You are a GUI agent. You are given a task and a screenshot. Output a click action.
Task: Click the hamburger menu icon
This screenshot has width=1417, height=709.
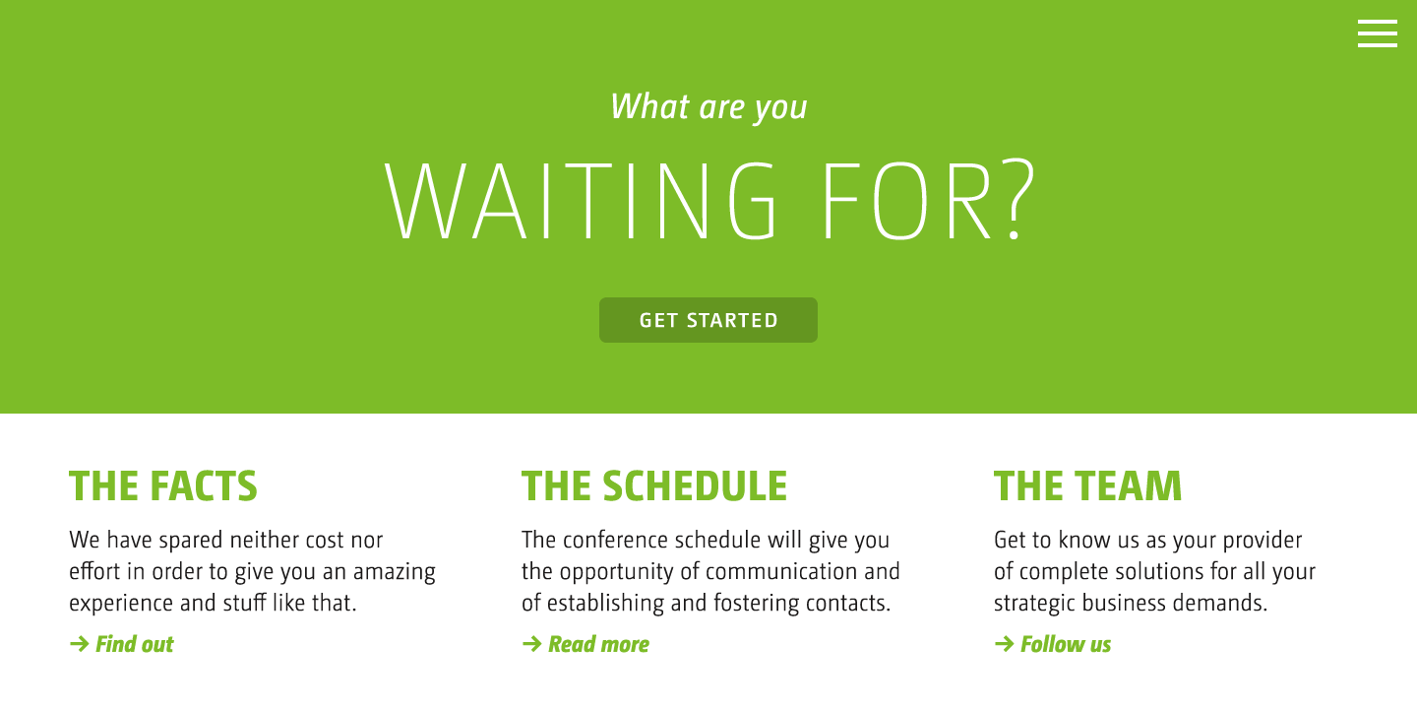pyautogui.click(x=1378, y=33)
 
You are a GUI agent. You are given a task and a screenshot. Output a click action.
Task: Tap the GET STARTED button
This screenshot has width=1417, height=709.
pyautogui.click(x=708, y=320)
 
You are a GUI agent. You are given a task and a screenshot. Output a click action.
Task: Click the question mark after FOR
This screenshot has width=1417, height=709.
pyautogui.click(x=1018, y=199)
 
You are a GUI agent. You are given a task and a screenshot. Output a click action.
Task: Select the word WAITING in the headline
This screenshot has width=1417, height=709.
pyautogui.click(x=581, y=201)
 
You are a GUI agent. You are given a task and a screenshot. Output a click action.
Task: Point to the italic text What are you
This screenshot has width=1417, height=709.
pyautogui.click(x=708, y=107)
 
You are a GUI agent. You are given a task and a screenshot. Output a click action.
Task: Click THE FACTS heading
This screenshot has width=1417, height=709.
pyautogui.click(x=163, y=486)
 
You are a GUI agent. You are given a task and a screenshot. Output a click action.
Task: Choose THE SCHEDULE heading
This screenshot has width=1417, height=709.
pyautogui.click(x=654, y=486)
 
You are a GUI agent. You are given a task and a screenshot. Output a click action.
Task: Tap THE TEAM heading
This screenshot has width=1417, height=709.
pyautogui.click(x=1087, y=486)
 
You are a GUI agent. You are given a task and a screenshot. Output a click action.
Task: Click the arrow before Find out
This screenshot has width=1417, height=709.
pyautogui.click(x=79, y=644)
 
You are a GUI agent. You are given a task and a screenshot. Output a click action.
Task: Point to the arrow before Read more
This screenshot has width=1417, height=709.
pyautogui.click(x=532, y=644)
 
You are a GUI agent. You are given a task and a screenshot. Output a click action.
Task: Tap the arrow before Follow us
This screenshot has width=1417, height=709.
pyautogui.click(x=1004, y=644)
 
